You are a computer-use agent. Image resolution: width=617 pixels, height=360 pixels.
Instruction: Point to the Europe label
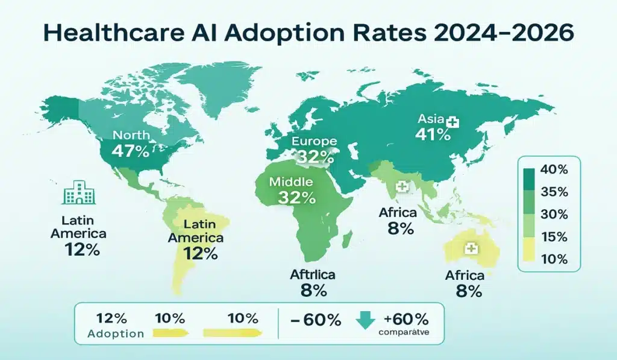314,141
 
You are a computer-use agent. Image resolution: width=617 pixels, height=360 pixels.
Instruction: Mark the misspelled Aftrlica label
312,275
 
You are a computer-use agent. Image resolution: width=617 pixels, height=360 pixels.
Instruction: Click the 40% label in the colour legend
554,169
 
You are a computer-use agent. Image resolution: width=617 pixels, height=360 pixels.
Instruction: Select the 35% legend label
554,192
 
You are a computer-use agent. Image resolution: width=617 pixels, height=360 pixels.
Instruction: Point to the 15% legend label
554,238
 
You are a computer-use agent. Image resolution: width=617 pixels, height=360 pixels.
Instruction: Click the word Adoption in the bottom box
116,333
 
